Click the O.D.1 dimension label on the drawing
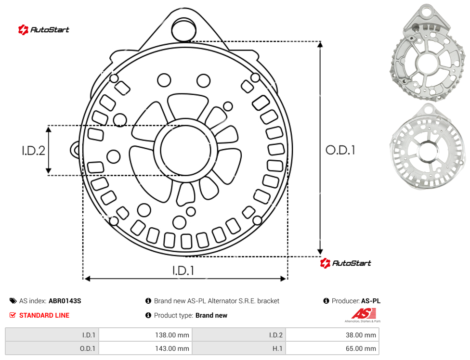click(x=340, y=150)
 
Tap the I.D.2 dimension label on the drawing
click(x=33, y=150)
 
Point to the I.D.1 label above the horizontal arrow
click(x=183, y=270)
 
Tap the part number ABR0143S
click(x=65, y=301)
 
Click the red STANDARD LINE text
click(x=44, y=315)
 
